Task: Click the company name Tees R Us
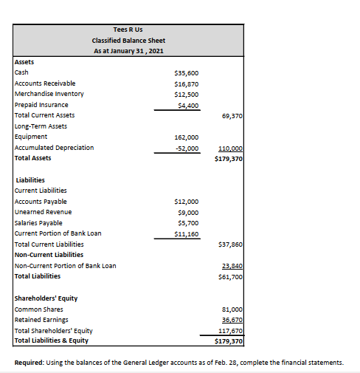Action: pyautogui.click(x=128, y=30)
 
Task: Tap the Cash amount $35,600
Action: pyautogui.click(x=185, y=73)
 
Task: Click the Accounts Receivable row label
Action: pyautogui.click(x=45, y=83)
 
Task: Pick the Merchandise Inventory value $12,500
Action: pyautogui.click(x=185, y=94)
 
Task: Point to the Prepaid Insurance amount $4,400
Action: pyautogui.click(x=187, y=105)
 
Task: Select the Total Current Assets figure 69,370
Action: pyautogui.click(x=232, y=116)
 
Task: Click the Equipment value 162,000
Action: pyautogui.click(x=185, y=137)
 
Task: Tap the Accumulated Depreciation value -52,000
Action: pyautogui.click(x=185, y=148)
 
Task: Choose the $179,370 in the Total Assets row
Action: pyautogui.click(x=229, y=158)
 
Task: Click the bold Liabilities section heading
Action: pyautogui.click(x=30, y=179)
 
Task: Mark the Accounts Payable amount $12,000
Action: pyautogui.click(x=185, y=201)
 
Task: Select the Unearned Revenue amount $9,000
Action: pyautogui.click(x=187, y=212)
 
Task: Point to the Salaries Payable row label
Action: pyautogui.click(x=38, y=222)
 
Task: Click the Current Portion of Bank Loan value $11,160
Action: pyautogui.click(x=185, y=233)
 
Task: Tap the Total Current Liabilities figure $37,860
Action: pyautogui.click(x=231, y=244)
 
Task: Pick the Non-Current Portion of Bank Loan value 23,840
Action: pyautogui.click(x=232, y=265)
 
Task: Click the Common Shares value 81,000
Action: pyautogui.click(x=232, y=308)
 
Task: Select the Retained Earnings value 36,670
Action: pyautogui.click(x=232, y=319)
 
